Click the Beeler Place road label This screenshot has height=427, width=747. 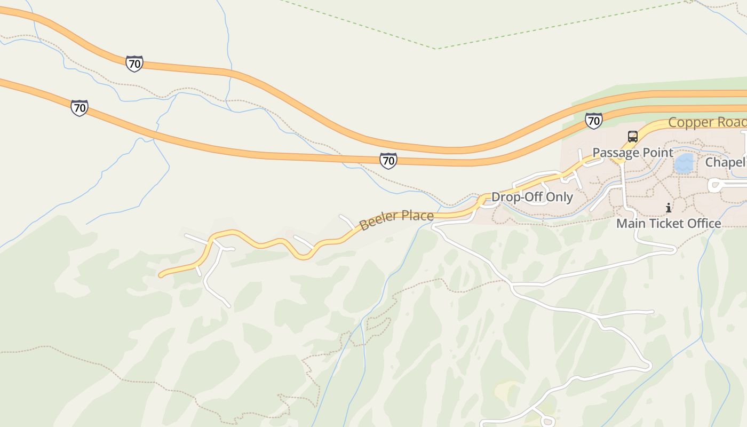(x=396, y=219)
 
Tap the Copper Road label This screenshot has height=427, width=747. (x=707, y=122)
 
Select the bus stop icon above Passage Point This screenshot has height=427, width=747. (x=633, y=137)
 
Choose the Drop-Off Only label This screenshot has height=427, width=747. (x=532, y=197)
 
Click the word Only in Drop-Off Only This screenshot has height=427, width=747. (x=558, y=197)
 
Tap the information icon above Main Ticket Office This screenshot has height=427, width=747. (x=669, y=208)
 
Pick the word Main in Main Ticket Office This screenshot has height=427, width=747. (x=630, y=223)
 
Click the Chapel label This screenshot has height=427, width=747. (x=726, y=162)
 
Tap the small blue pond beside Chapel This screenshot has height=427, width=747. (x=684, y=163)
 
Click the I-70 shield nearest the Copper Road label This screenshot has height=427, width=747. (x=593, y=121)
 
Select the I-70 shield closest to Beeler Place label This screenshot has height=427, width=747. (x=388, y=160)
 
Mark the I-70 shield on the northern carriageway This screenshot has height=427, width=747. (x=134, y=64)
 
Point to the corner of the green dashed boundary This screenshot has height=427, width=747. (x=436, y=49)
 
